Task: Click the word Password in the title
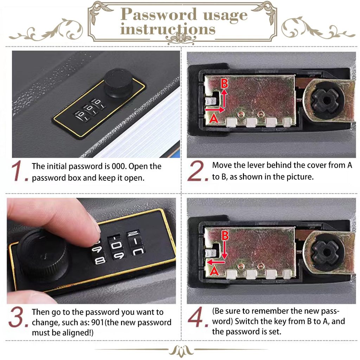coord(159,14)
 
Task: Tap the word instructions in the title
coord(168,30)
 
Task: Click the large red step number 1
coord(19,171)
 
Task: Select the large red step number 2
coord(198,171)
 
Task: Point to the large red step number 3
coord(18,317)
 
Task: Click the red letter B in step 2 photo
coord(224,83)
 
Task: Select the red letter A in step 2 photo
coord(214,119)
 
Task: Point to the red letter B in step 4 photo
coord(225,236)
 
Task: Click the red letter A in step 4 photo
coord(214,271)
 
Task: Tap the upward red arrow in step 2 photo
coord(224,98)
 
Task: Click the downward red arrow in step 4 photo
coord(225,251)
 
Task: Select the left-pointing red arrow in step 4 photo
coord(216,262)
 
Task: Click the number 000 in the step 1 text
coord(119,166)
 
